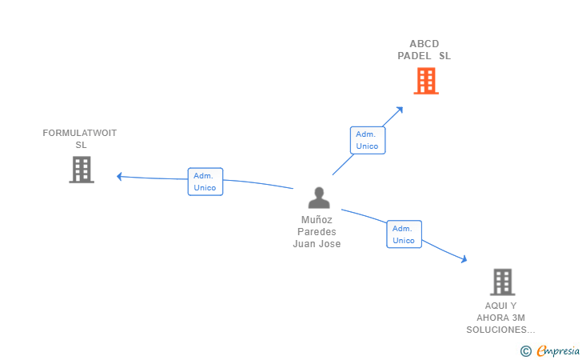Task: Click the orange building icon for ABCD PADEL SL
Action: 426,81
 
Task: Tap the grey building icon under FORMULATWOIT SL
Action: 82,170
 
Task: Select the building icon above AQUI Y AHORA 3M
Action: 502,282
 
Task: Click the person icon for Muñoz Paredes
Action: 319,198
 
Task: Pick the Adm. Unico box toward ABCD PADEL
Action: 367,140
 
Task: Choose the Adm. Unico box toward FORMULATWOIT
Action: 205,182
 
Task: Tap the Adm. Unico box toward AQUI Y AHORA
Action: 404,234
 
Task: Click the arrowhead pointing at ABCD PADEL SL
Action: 400,109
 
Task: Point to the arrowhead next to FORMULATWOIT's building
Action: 120,176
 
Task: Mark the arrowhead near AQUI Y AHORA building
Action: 463,258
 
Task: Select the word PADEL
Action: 415,56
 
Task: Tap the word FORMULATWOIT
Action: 80,133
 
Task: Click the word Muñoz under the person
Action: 317,220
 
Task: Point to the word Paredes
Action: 317,232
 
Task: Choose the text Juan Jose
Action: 317,244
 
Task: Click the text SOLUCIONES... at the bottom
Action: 501,330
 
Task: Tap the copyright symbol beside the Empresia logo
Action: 525,350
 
